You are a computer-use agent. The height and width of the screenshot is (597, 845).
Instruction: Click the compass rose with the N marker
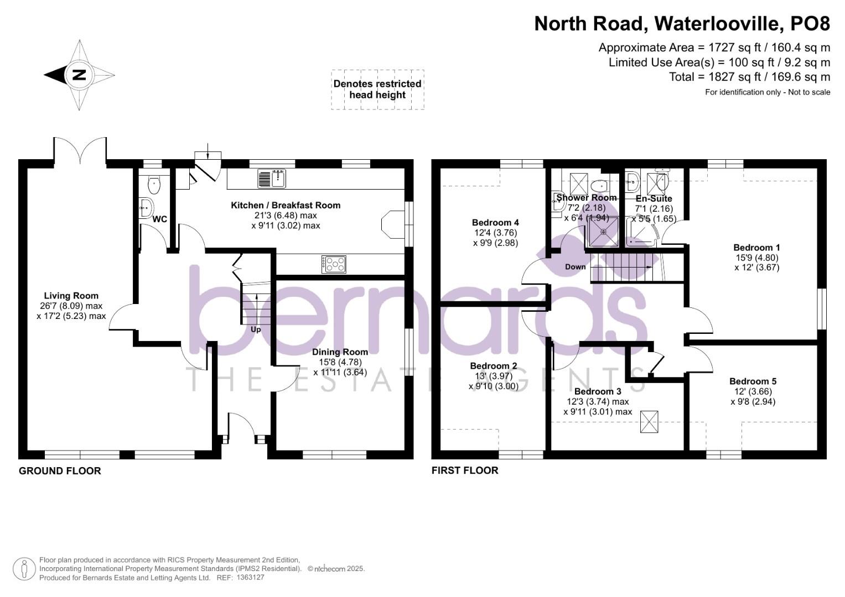pyautogui.click(x=79, y=75)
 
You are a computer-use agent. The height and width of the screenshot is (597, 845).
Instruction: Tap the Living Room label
pyautogui.click(x=71, y=296)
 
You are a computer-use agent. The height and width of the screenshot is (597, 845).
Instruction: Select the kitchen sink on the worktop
pyautogui.click(x=272, y=179)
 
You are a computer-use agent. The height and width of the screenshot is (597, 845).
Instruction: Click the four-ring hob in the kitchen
pyautogui.click(x=334, y=264)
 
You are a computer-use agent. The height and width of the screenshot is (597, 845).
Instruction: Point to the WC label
pyautogui.click(x=159, y=219)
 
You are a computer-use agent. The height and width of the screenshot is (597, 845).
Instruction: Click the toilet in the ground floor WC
pyautogui.click(x=154, y=184)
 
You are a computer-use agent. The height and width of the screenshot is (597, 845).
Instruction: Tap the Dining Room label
pyautogui.click(x=340, y=352)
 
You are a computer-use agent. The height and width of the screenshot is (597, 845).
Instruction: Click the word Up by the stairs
pyautogui.click(x=256, y=329)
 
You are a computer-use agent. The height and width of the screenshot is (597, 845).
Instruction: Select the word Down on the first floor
pyautogui.click(x=575, y=267)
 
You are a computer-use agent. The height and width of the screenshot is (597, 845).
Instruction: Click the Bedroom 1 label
pyautogui.click(x=756, y=248)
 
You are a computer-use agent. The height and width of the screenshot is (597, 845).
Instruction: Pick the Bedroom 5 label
pyautogui.click(x=753, y=381)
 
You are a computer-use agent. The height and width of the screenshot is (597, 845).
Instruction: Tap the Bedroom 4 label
pyautogui.click(x=495, y=223)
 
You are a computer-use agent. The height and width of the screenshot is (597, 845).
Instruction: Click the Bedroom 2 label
pyautogui.click(x=493, y=366)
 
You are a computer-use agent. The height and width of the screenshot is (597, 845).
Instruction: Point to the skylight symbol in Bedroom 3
pyautogui.click(x=649, y=422)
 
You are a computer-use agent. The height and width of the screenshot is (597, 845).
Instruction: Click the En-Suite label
pyautogui.click(x=654, y=198)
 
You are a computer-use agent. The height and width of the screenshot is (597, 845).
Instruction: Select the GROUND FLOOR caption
pyautogui.click(x=60, y=471)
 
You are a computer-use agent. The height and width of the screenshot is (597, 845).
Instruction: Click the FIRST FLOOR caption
pyautogui.click(x=465, y=470)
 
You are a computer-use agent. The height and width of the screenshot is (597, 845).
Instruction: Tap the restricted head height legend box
pyautogui.click(x=377, y=90)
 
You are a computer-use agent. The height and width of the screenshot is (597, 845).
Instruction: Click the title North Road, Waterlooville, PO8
pyautogui.click(x=682, y=24)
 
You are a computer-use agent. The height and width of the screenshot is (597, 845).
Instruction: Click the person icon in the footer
pyautogui.click(x=24, y=569)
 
